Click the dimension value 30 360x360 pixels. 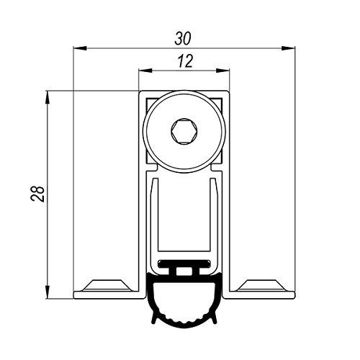pos(183,38)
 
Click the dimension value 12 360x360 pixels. pos(185,61)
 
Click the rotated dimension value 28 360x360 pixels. pos(37,194)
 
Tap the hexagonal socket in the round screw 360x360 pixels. pos(184,131)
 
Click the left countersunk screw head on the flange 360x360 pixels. pos(107,286)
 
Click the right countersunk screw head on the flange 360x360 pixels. pos(261,286)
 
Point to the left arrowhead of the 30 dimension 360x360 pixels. pos(80,48)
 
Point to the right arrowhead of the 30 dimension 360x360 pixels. pos(288,48)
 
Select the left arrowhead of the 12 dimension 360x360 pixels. pos(145,71)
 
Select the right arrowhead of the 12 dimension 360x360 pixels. pos(222,71)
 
